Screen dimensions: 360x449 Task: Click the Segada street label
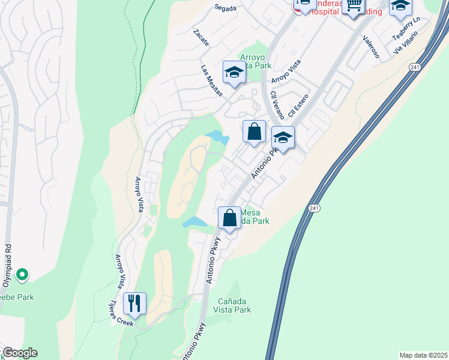tap(225, 8)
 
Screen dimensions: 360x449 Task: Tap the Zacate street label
tap(201, 38)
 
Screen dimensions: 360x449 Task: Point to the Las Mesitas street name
tap(211, 81)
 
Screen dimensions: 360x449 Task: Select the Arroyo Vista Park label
tap(256, 61)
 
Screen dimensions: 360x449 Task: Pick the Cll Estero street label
tap(298, 105)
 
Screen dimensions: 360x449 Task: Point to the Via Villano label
tap(414, 43)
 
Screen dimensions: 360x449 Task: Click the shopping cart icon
tap(354, 6)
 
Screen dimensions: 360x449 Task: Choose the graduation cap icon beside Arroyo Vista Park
tap(234, 73)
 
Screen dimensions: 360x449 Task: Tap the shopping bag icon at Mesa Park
tap(229, 218)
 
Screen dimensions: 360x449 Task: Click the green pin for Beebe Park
tap(22, 275)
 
